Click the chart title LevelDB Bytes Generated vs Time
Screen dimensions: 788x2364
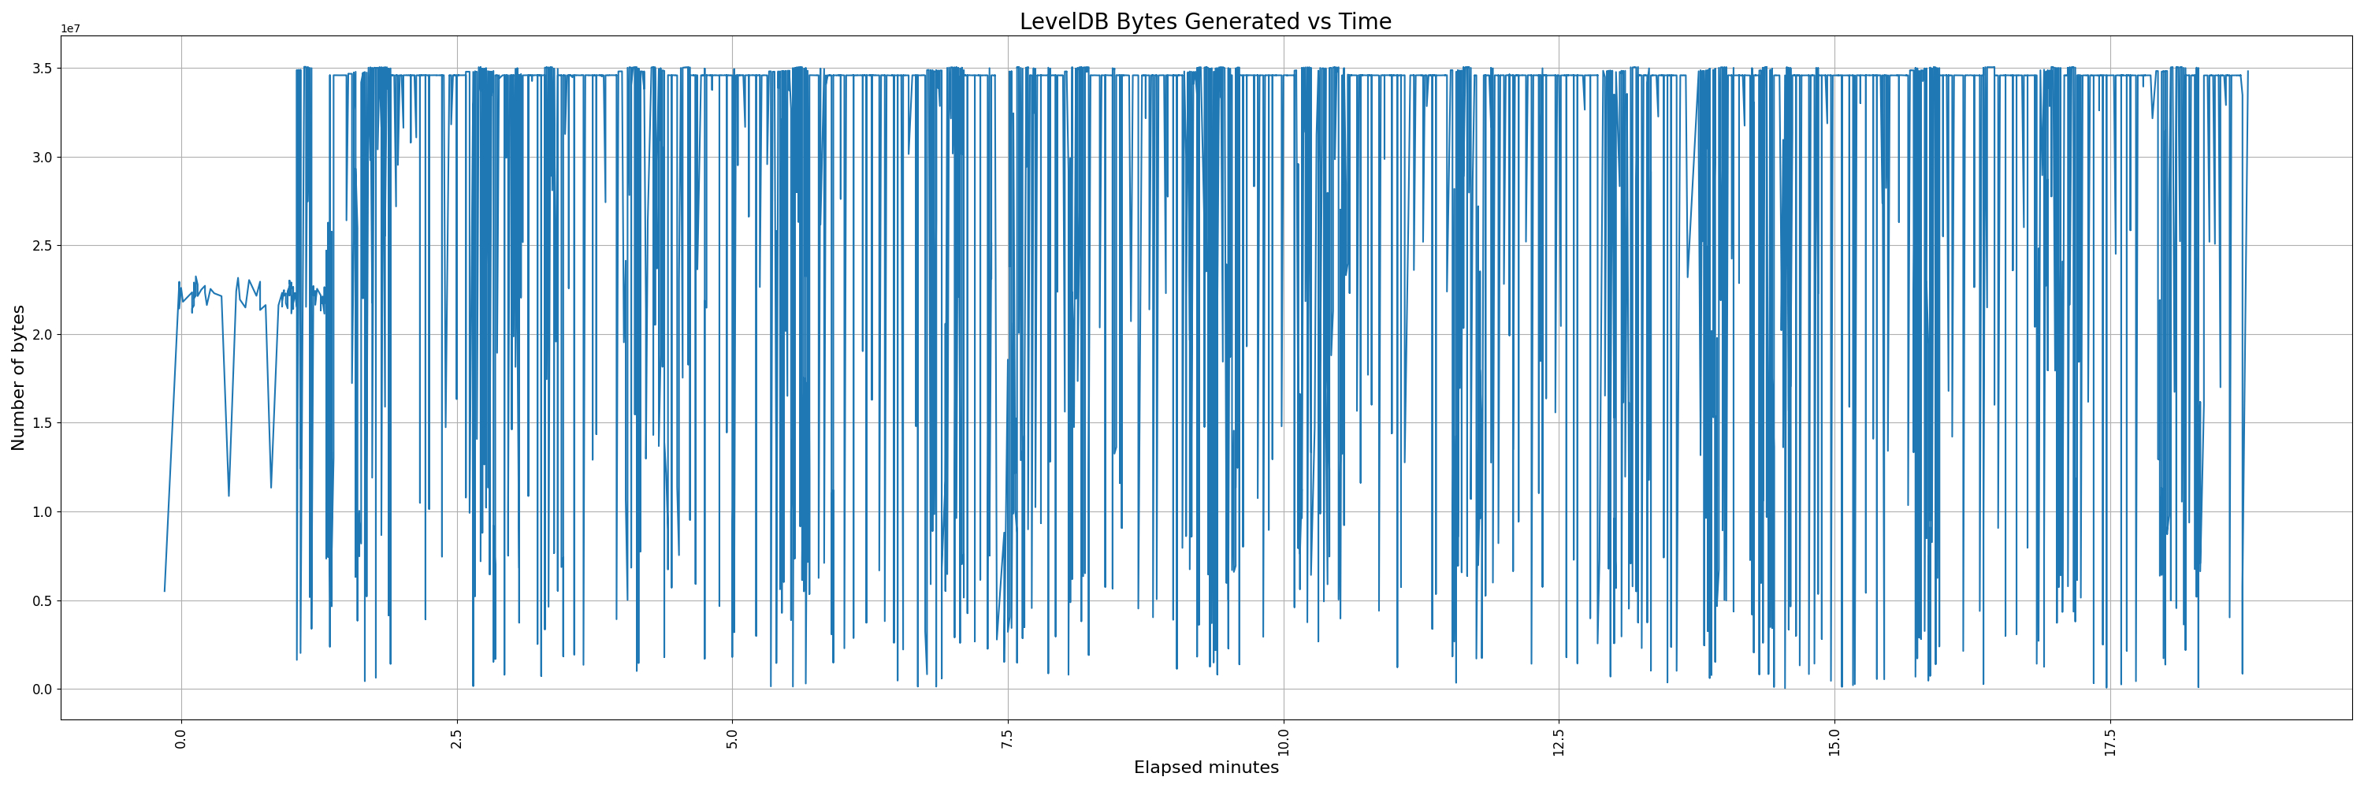1205,21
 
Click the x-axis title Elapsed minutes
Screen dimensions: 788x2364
1206,768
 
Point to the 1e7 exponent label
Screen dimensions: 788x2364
71,28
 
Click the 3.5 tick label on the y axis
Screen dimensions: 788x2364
43,69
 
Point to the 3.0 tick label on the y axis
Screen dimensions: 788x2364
43,158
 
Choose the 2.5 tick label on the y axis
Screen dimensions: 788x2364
43,246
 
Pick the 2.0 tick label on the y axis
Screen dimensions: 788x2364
43,335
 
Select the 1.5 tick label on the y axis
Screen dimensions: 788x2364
43,424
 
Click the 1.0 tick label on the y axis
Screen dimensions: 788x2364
43,512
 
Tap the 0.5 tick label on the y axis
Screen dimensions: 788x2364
43,601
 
